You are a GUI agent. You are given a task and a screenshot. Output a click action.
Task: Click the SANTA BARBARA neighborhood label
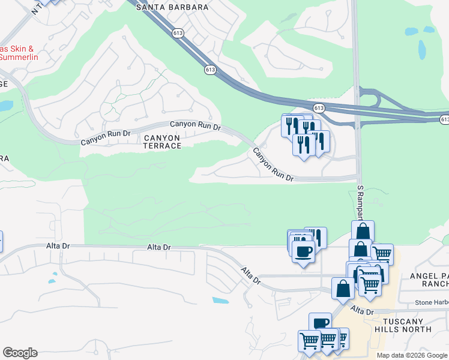[172, 7]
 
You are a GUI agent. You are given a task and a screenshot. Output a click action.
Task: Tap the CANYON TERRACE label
[161, 142]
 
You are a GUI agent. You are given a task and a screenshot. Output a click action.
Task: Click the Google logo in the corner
[20, 353]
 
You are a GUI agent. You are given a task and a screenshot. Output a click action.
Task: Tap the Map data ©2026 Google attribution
[412, 355]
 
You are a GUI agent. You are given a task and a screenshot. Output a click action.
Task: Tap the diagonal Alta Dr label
[251, 276]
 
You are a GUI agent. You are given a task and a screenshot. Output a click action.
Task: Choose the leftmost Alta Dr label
[59, 246]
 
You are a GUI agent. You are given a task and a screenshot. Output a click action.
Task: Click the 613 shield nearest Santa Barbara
[177, 34]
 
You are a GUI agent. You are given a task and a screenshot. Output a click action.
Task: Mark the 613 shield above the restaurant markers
[319, 108]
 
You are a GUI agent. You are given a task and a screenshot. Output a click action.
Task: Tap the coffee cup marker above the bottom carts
[320, 323]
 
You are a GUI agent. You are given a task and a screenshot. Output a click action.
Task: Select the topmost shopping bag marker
[363, 231]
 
